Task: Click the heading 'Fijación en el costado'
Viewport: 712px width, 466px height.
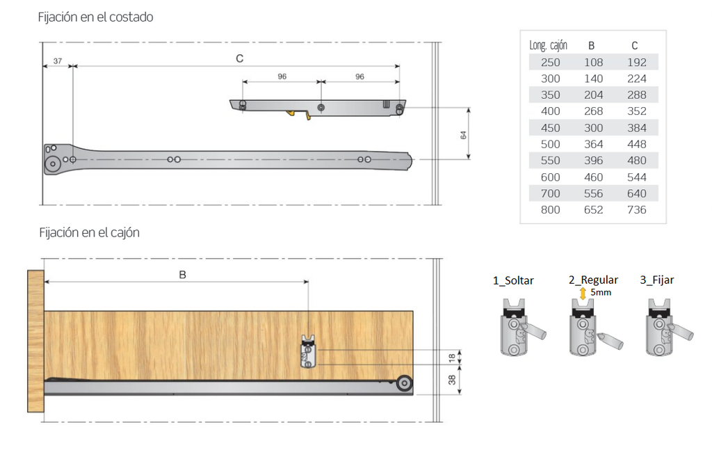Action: [95, 17]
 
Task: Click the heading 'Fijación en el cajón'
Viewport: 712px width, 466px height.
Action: [89, 232]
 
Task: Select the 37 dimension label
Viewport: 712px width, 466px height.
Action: [58, 61]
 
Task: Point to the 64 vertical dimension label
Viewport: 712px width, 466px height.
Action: [463, 135]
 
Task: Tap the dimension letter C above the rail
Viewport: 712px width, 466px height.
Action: [240, 58]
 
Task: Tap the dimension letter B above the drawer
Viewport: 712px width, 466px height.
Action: [183, 275]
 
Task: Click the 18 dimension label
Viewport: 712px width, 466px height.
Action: [452, 357]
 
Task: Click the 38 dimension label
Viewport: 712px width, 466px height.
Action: [452, 380]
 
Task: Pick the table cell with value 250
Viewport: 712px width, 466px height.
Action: [551, 62]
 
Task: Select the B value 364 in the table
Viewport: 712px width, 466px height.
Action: [594, 145]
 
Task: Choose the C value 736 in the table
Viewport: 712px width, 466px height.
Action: [637, 210]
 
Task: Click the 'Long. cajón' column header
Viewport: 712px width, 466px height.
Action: [548, 45]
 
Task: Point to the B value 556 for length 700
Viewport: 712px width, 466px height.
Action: [594, 193]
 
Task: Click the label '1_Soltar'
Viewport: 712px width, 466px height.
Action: [513, 281]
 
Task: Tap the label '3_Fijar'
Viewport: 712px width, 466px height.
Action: [657, 280]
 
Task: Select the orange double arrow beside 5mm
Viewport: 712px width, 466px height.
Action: [583, 293]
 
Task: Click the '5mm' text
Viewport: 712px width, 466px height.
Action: [601, 293]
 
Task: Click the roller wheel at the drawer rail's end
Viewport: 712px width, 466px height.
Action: [404, 383]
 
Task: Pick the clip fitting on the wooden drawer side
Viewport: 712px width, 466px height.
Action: [308, 351]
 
